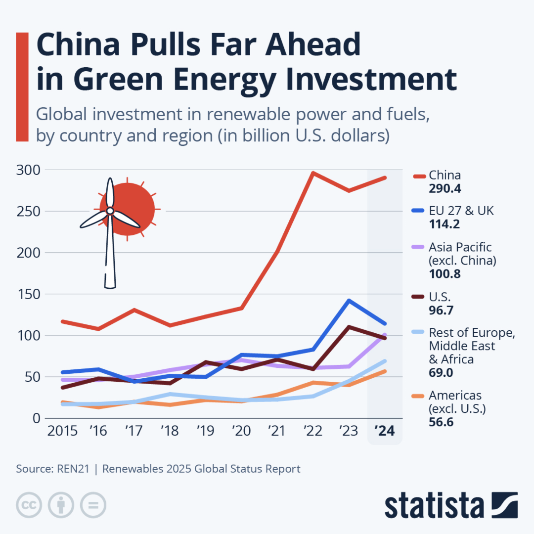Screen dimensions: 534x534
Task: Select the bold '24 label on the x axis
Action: (384, 431)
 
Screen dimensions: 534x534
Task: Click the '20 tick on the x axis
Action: (241, 431)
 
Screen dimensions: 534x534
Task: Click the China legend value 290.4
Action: (445, 189)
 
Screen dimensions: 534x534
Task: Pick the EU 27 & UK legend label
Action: (461, 211)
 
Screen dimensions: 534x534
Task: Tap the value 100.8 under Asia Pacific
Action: (445, 273)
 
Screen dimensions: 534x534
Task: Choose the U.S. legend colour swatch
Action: (418, 297)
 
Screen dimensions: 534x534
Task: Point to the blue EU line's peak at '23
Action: (349, 301)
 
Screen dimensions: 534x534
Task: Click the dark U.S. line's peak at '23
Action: (349, 327)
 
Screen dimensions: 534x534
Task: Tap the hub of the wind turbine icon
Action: (110, 211)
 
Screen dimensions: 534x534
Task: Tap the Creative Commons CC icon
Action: (29, 505)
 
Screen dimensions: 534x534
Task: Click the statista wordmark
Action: (434, 505)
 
